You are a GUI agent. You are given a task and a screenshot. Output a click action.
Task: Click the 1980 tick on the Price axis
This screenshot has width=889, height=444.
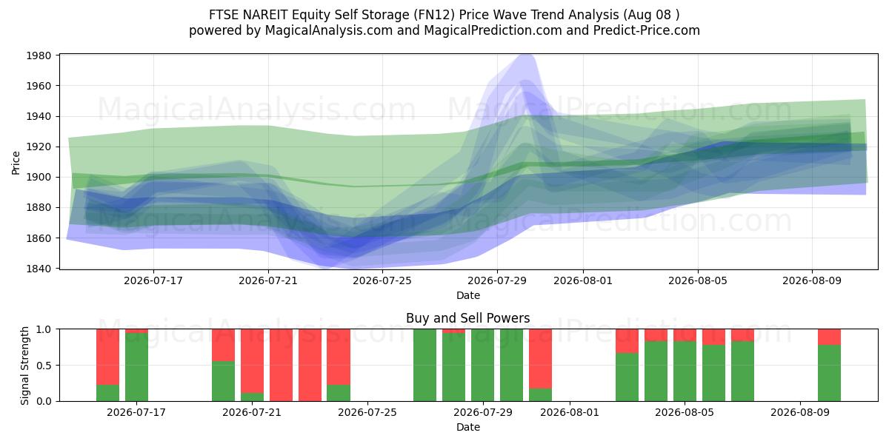tap(39, 55)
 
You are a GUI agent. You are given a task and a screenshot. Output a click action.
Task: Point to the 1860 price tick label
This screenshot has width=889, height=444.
tap(39, 238)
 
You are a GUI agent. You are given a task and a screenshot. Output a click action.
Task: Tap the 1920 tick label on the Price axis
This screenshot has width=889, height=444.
tap(39, 147)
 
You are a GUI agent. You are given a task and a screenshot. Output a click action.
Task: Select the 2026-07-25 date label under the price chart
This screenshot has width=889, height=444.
tap(382, 280)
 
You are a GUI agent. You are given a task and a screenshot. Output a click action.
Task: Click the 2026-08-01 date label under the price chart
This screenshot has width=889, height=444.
tap(583, 280)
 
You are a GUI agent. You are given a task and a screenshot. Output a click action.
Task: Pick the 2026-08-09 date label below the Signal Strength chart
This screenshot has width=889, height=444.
tap(800, 412)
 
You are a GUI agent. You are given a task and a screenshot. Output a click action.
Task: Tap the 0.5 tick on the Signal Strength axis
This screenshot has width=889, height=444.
tap(44, 365)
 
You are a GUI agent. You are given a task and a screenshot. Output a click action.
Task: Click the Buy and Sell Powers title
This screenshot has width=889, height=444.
tap(468, 318)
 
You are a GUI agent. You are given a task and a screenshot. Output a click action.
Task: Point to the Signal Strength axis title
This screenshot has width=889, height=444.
tap(24, 366)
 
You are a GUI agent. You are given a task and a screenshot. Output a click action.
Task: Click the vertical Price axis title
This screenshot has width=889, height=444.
tap(16, 163)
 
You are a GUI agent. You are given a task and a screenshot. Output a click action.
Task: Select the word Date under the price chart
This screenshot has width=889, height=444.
tap(468, 295)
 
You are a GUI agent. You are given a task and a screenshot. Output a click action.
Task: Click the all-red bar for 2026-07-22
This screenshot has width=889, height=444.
tap(281, 365)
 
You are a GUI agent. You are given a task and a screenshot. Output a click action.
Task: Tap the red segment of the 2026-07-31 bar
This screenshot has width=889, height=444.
tap(540, 359)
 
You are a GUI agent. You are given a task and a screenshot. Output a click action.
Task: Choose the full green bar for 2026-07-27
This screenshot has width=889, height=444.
tap(424, 365)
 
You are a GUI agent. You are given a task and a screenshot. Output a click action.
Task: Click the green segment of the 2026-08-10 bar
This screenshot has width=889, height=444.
tap(829, 373)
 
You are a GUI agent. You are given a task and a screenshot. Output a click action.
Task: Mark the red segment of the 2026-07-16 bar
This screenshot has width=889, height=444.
tap(107, 357)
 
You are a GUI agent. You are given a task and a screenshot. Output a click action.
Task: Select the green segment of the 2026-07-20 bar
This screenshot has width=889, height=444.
tap(223, 381)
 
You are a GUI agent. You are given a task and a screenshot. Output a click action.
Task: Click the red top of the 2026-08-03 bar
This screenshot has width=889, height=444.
tap(627, 341)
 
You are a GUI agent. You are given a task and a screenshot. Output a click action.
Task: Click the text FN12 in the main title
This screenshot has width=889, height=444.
tap(436, 15)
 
